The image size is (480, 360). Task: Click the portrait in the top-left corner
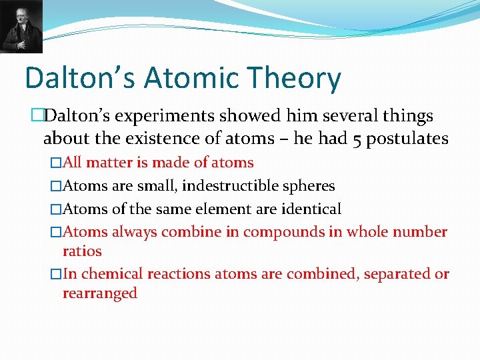tap(21, 27)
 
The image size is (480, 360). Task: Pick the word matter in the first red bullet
tap(109, 163)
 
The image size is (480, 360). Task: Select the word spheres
tap(311, 186)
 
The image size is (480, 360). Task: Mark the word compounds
tap(276, 232)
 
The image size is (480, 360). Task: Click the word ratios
tap(82, 251)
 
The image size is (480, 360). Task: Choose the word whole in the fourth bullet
tap(365, 232)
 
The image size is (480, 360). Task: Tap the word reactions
tap(179, 274)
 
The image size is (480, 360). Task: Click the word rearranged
tap(100, 293)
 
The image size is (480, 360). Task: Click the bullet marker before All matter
tap(56, 163)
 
